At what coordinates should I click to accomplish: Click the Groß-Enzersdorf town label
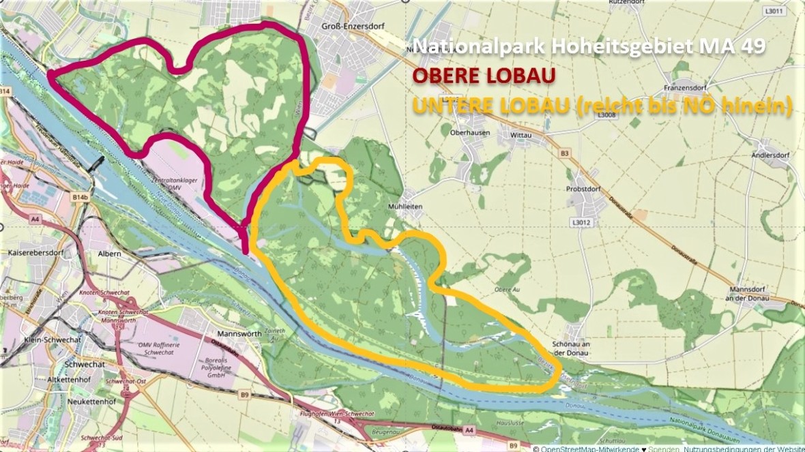[x=350, y=26]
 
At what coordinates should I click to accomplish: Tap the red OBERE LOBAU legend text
[x=483, y=74]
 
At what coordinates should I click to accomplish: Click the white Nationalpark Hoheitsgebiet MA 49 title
[x=589, y=46]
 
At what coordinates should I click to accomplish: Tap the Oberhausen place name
[x=470, y=133]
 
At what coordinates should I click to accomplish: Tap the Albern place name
[x=110, y=254]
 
